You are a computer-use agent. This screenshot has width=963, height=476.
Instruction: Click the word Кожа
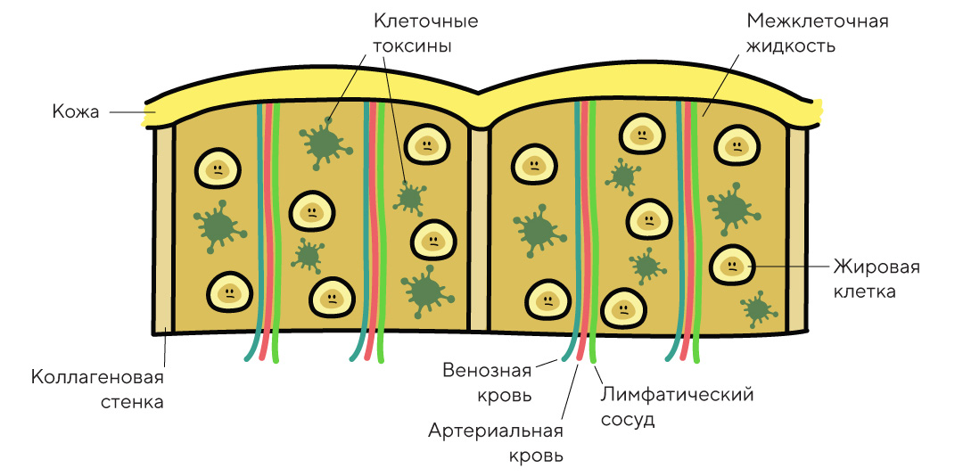(76, 113)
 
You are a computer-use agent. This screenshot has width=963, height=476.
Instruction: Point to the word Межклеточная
(818, 21)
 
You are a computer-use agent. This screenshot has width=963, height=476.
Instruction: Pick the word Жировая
(876, 267)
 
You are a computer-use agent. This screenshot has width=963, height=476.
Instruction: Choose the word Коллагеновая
(97, 377)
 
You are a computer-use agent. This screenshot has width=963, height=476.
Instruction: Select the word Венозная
(487, 370)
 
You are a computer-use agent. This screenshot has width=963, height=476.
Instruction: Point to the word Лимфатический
(678, 394)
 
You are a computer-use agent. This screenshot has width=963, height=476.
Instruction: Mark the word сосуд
(629, 419)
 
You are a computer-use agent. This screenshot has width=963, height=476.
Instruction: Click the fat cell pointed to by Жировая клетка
(730, 264)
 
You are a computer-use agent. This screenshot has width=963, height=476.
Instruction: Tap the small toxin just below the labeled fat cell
(757, 309)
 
